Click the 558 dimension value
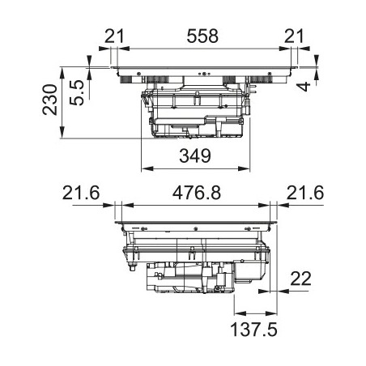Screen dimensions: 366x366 tap(202, 36)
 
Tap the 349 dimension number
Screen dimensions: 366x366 tap(195, 155)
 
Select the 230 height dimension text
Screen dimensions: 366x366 tap(50, 100)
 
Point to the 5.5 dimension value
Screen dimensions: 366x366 tap(77, 93)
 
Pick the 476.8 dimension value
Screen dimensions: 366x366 tap(197, 194)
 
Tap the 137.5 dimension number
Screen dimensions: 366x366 tap(253, 330)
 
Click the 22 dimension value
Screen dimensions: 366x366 tap(300, 279)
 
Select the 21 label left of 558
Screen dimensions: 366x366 tap(114, 36)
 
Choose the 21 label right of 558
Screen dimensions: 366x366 tap(294, 36)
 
